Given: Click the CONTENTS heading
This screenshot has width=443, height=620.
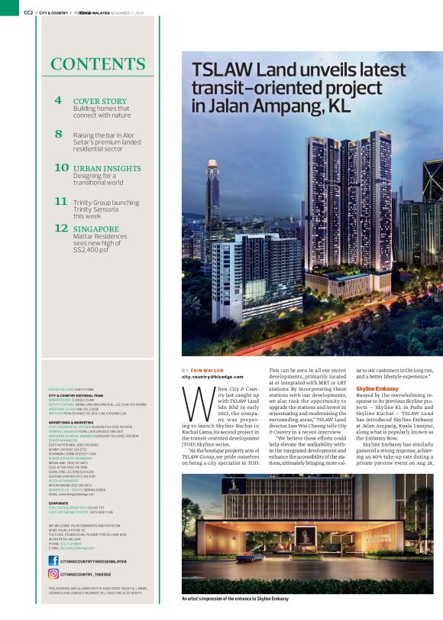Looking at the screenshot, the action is pos(99,64).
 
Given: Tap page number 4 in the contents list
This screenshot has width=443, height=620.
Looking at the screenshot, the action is pos(58,101).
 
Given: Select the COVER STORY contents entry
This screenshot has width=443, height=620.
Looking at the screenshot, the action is pos(99,101).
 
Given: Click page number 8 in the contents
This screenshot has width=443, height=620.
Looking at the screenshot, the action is pos(58,134).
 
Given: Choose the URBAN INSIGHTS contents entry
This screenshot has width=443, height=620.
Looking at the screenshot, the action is pos(107,167).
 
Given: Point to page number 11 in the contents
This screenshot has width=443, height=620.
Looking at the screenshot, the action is pos(60,201).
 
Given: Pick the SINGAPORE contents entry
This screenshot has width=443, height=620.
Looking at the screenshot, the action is pos(95,228).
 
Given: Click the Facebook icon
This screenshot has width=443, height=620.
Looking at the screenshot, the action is pos(53,560).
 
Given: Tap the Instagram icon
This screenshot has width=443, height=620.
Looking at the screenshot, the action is pos(53,573).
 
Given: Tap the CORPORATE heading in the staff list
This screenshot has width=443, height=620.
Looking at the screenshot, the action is pos(61,503).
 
